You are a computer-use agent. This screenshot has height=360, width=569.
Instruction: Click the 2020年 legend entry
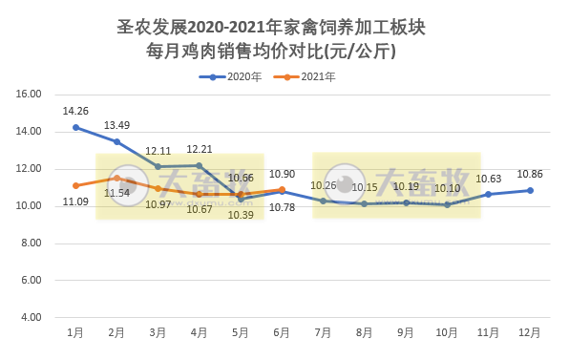[x=230, y=76]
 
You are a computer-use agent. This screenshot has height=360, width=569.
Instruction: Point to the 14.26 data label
[x=75, y=111]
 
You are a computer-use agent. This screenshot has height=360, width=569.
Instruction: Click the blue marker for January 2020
[x=75, y=127]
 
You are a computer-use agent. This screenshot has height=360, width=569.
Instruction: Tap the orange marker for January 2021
[x=75, y=185]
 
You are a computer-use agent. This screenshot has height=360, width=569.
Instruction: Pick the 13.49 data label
[x=116, y=125]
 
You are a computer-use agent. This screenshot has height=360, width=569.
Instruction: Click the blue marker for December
[x=530, y=190]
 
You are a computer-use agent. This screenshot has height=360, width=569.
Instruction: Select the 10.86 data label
[x=530, y=175]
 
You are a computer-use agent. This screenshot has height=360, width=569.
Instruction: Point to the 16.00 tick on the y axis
[x=30, y=95]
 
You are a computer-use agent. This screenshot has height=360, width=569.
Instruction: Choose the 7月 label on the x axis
[x=323, y=332]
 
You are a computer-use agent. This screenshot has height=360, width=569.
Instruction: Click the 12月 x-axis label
[x=530, y=332]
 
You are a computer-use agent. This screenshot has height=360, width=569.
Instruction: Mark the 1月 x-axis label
[x=75, y=332]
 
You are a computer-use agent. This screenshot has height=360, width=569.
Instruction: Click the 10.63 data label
[x=489, y=179]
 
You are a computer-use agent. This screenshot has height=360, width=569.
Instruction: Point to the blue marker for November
[x=489, y=194]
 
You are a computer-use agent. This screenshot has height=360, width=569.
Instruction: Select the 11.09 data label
[x=75, y=201]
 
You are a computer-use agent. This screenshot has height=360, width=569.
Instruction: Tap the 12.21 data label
[x=200, y=150]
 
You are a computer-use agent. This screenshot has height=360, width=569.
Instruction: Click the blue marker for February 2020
[x=116, y=141]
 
